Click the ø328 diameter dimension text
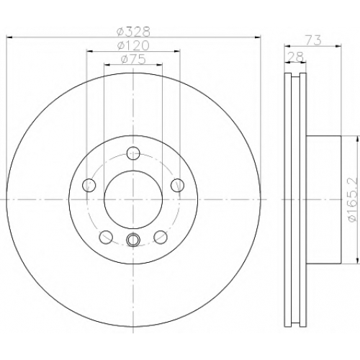(x=133, y=32)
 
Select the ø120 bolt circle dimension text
(x=133, y=45)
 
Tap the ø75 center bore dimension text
(x=133, y=59)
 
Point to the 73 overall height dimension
(x=313, y=40)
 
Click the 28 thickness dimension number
(x=296, y=57)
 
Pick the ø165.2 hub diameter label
(x=353, y=199)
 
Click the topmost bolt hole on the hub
(x=133, y=153)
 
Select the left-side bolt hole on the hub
(x=89, y=185)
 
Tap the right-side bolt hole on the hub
(x=178, y=185)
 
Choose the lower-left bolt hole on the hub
(x=106, y=237)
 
